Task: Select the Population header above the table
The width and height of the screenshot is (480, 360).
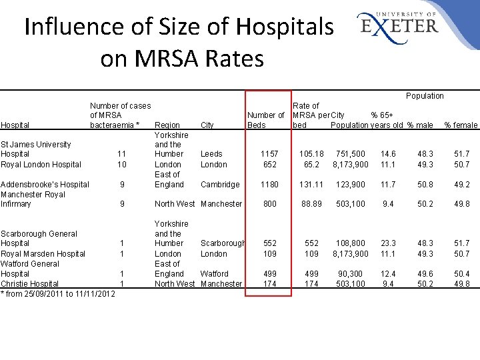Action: (x=425, y=96)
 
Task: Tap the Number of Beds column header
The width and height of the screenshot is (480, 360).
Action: (x=265, y=120)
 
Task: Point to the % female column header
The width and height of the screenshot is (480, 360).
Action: (x=461, y=125)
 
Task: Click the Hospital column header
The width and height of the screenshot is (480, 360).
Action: (x=15, y=125)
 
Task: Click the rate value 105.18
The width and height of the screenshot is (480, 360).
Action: (x=311, y=154)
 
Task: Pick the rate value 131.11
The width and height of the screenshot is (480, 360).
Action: (x=311, y=185)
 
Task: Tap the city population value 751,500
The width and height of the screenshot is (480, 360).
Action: (x=350, y=154)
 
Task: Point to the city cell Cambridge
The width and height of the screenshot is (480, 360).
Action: (x=220, y=185)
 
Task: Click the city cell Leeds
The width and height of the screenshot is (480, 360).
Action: (x=211, y=154)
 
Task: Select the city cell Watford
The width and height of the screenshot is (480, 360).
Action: (x=214, y=274)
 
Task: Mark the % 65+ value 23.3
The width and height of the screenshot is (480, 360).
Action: (x=388, y=244)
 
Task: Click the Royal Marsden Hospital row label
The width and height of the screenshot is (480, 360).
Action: (x=43, y=254)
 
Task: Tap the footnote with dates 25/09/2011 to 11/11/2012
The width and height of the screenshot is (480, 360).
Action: (x=57, y=294)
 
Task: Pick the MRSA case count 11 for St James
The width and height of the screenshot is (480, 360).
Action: (x=121, y=154)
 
